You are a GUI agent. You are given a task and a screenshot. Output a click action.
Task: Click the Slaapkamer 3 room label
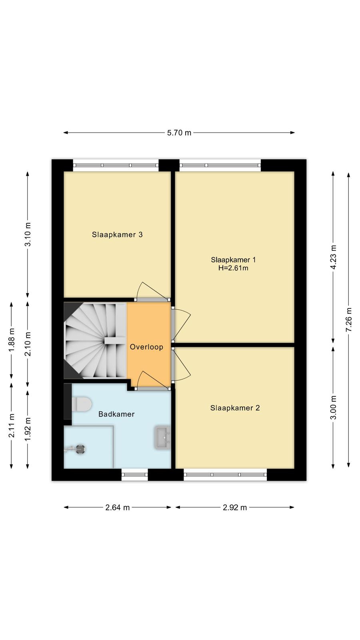117,234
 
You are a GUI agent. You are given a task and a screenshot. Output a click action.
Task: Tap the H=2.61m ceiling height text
233,268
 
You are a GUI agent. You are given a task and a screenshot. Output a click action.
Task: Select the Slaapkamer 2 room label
235,408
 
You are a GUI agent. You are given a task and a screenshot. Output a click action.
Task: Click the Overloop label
146,347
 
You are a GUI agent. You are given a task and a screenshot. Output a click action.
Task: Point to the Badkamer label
116,414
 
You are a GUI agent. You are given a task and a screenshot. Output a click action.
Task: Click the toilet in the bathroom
82,404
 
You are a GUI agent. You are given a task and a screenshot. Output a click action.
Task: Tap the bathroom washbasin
162,437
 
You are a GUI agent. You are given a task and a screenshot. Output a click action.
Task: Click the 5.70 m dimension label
179,133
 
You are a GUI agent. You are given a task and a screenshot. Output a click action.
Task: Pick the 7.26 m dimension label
348,320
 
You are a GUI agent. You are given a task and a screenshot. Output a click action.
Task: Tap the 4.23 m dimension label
333,257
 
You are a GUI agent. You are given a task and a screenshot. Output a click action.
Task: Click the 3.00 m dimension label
333,408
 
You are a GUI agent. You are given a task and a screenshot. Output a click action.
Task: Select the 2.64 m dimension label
118,508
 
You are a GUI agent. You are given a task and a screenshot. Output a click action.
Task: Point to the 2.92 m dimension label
235,508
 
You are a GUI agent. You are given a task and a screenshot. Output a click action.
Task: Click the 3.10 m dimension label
28,234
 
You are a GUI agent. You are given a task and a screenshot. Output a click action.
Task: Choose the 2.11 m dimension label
12,426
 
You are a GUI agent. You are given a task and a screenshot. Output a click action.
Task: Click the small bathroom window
134,475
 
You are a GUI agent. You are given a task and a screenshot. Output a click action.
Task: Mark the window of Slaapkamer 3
116,166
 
